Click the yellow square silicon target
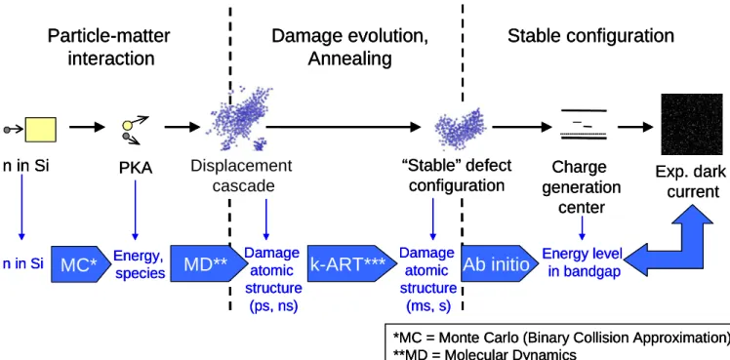(x=41, y=129)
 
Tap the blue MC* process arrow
(x=80, y=263)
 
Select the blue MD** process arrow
(x=208, y=263)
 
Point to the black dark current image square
(x=692, y=124)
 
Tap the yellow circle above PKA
(x=128, y=125)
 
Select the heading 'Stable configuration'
(x=590, y=36)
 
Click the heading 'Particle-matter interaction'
(x=109, y=47)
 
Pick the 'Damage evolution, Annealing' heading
(x=350, y=47)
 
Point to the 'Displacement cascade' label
(x=241, y=176)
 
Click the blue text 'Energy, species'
(x=140, y=263)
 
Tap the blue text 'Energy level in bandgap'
(x=582, y=262)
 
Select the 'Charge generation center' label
(x=582, y=187)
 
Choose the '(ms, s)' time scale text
(x=428, y=306)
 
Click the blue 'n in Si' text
(x=22, y=263)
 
